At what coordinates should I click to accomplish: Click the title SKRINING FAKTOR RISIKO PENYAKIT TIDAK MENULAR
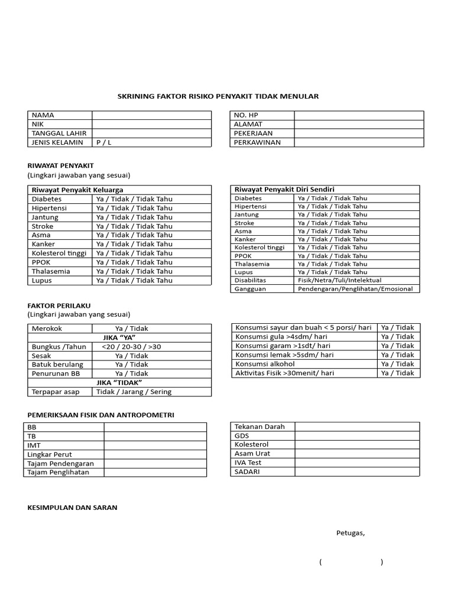pyautogui.click(x=218, y=96)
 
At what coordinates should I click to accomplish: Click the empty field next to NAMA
pyautogui.click(x=151, y=115)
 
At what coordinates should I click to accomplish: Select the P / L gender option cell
pyautogui.click(x=151, y=142)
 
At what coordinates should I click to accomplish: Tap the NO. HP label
pyautogui.click(x=247, y=115)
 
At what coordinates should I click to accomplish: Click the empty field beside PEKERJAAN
pyautogui.click(x=359, y=134)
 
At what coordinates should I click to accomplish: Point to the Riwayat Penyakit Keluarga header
pyautogui.click(x=77, y=190)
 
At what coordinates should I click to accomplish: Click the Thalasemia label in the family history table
pyautogui.click(x=51, y=271)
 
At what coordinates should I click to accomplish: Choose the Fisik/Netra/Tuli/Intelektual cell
pyautogui.click(x=339, y=280)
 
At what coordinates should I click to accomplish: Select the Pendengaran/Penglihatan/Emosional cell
pyautogui.click(x=356, y=289)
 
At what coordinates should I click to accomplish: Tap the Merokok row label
pyautogui.click(x=47, y=328)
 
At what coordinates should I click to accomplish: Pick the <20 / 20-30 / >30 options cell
pyautogui.click(x=131, y=347)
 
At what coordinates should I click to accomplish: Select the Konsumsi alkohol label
pyautogui.click(x=265, y=364)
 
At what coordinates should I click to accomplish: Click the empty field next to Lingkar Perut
pyautogui.click(x=155, y=454)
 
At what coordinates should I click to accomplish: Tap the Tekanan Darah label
pyautogui.click(x=260, y=427)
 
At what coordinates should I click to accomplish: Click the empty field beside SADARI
pyautogui.click(x=357, y=472)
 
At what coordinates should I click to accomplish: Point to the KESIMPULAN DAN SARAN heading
pyautogui.click(x=72, y=508)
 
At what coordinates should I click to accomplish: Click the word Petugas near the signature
pyautogui.click(x=351, y=533)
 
